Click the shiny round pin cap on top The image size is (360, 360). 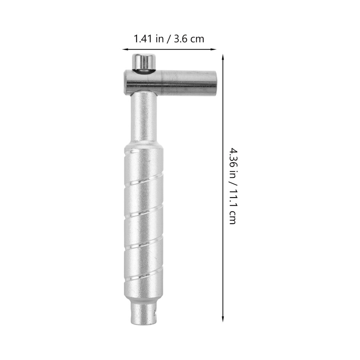(x=144, y=61)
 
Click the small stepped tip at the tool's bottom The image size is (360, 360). (x=144, y=313)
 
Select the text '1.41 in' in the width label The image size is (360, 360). (x=148, y=39)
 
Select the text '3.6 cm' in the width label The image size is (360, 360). (x=189, y=39)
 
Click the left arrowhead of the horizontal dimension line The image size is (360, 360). (x=124, y=49)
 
